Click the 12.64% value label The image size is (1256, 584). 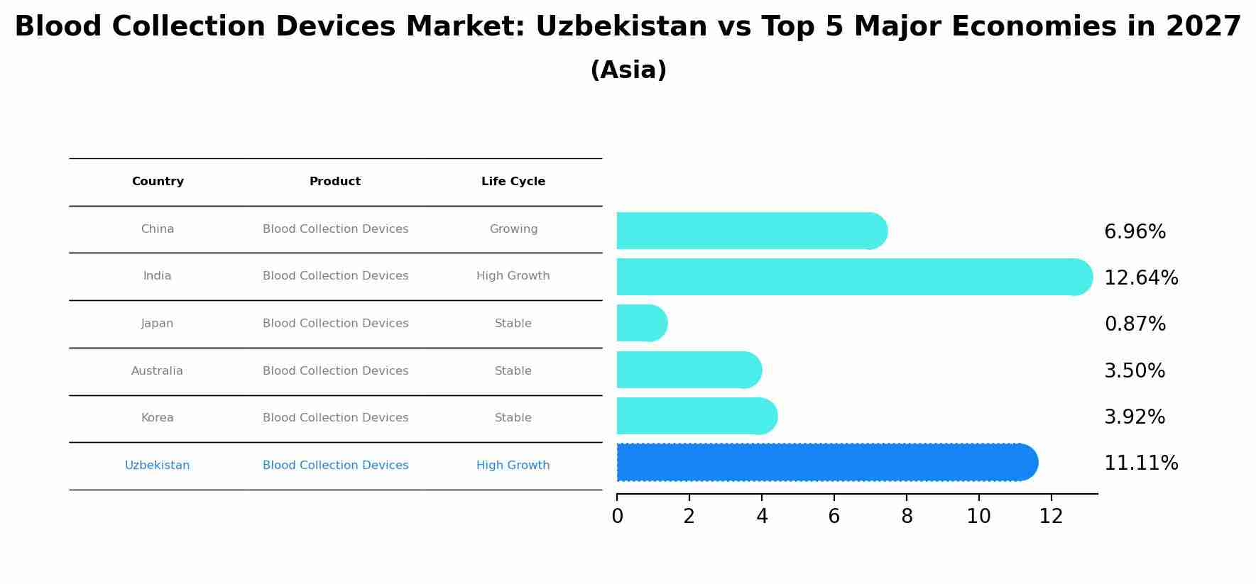[x=1140, y=278]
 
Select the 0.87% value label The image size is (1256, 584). [x=1135, y=324]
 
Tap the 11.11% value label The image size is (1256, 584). [x=1140, y=463]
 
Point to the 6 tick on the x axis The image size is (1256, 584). [x=834, y=517]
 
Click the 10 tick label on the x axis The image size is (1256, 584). [x=978, y=517]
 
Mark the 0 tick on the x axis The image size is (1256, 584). [x=617, y=517]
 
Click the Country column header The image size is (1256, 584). [x=158, y=182]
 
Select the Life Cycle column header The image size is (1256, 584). [x=513, y=182]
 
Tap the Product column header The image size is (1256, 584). [x=334, y=182]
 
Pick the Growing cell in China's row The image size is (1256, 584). [x=513, y=229]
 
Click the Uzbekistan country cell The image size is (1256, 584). [x=157, y=465]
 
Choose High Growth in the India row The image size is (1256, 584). [x=513, y=276]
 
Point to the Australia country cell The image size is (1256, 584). [x=157, y=371]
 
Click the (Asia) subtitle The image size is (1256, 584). [x=628, y=70]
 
